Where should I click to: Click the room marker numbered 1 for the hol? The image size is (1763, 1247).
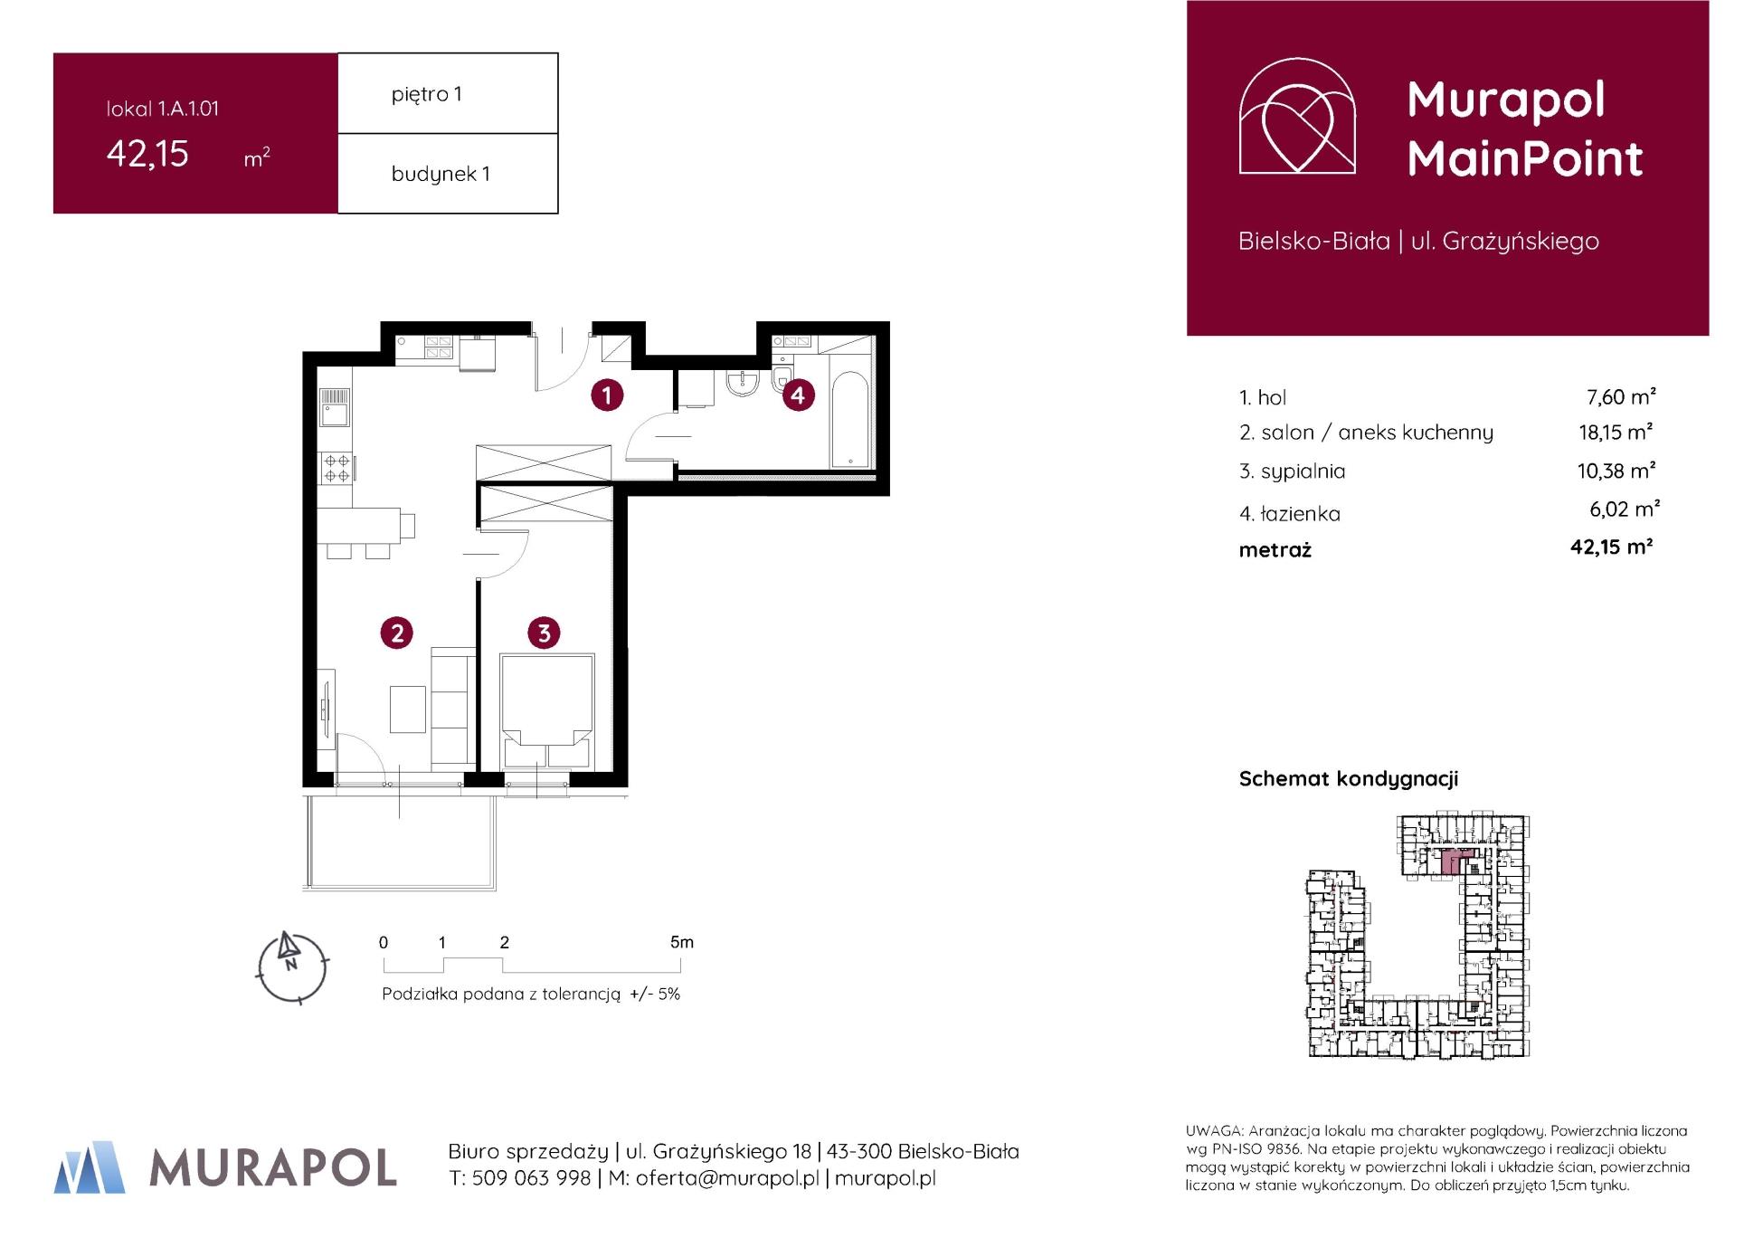pyautogui.click(x=607, y=395)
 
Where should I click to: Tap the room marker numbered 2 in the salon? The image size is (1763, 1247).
pyautogui.click(x=397, y=633)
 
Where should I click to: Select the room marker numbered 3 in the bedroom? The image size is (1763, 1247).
pyautogui.click(x=544, y=633)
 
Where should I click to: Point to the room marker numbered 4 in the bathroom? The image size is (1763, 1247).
pyautogui.click(x=798, y=395)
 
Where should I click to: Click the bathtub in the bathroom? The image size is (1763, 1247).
pyautogui.click(x=849, y=418)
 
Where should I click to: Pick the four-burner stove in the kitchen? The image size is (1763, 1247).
pyautogui.click(x=336, y=468)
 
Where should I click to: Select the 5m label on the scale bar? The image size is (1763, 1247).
pyautogui.click(x=682, y=942)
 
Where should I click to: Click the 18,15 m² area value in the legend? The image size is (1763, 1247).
pyautogui.click(x=1616, y=433)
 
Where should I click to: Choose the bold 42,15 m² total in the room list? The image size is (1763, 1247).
pyautogui.click(x=1611, y=547)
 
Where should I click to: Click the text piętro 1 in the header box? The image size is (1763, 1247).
pyautogui.click(x=427, y=94)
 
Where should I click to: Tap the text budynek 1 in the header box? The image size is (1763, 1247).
pyautogui.click(x=441, y=174)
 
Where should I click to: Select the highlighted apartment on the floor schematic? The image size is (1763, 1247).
pyautogui.click(x=1449, y=861)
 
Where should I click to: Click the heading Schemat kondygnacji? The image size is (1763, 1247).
pyautogui.click(x=1348, y=779)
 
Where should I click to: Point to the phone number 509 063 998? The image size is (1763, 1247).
pyautogui.click(x=531, y=1178)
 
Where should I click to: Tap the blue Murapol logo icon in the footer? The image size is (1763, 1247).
pyautogui.click(x=90, y=1167)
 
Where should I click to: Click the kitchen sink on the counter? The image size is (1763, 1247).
pyautogui.click(x=334, y=414)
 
